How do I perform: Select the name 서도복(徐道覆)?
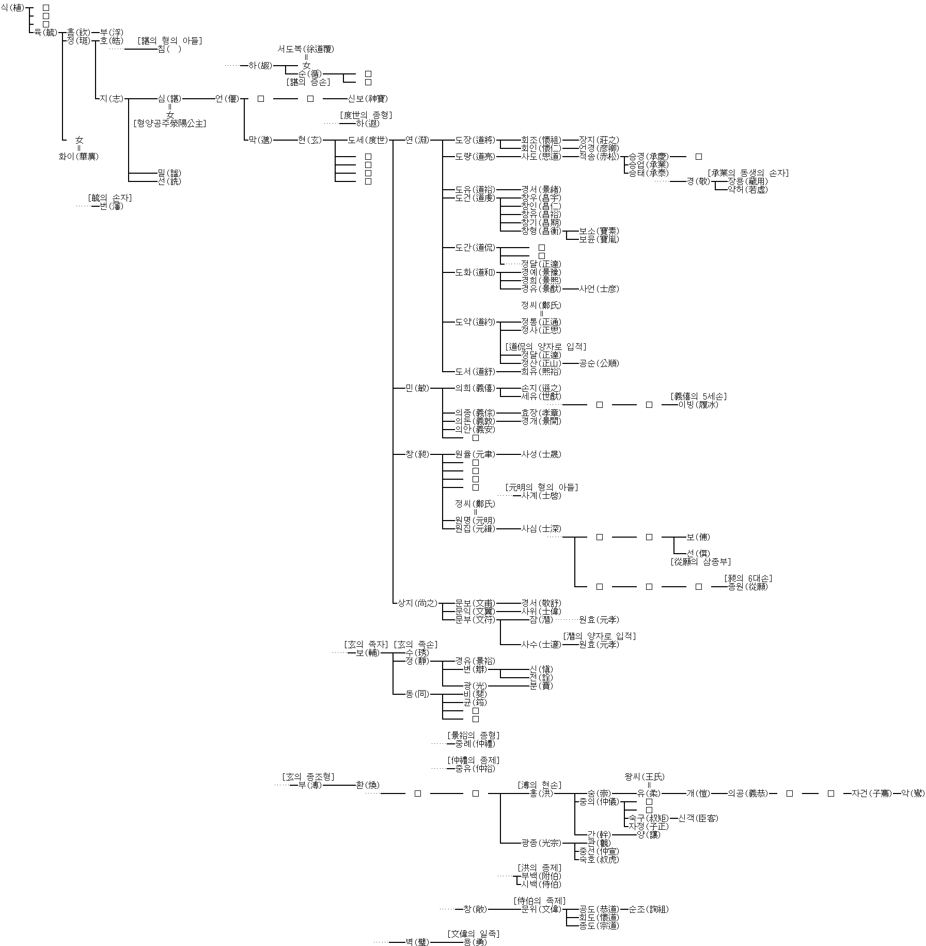[306, 49]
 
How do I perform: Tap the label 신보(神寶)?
[367, 99]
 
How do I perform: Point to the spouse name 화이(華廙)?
[79, 157]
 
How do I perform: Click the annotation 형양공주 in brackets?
[170, 124]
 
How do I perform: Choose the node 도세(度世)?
[367, 140]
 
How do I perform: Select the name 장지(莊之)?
[599, 140]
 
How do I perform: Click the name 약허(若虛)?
[747, 190]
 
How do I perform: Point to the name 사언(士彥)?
[599, 289]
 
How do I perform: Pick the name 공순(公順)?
[599, 363]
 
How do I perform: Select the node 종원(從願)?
[747, 587]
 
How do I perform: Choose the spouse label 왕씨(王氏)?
[645, 777]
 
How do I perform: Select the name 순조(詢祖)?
[648, 909]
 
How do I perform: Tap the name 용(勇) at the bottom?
[475, 942]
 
